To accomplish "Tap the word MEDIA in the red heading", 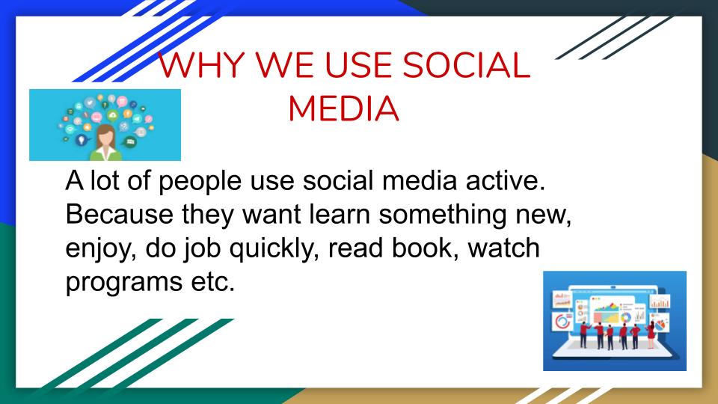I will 343,109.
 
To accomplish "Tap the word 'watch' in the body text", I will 502,250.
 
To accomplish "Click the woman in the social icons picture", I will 104,141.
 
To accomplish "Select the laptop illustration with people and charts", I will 614,320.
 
